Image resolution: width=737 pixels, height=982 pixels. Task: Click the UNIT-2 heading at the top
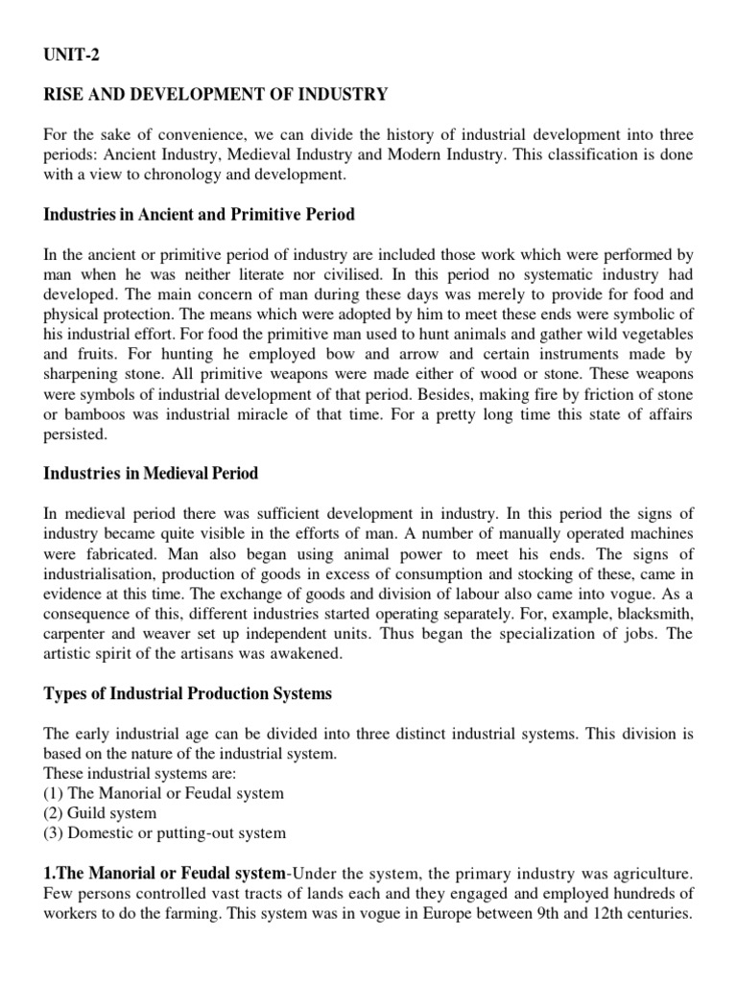pos(72,56)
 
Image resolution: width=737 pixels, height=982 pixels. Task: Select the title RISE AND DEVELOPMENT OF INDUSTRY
pos(216,94)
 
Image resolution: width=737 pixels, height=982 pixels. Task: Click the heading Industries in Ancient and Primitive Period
pos(199,214)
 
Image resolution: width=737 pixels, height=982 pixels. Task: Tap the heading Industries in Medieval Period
pos(151,474)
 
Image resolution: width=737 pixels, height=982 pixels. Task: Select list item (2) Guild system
pos(100,813)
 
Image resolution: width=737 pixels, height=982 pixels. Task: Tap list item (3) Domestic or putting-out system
pos(164,833)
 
